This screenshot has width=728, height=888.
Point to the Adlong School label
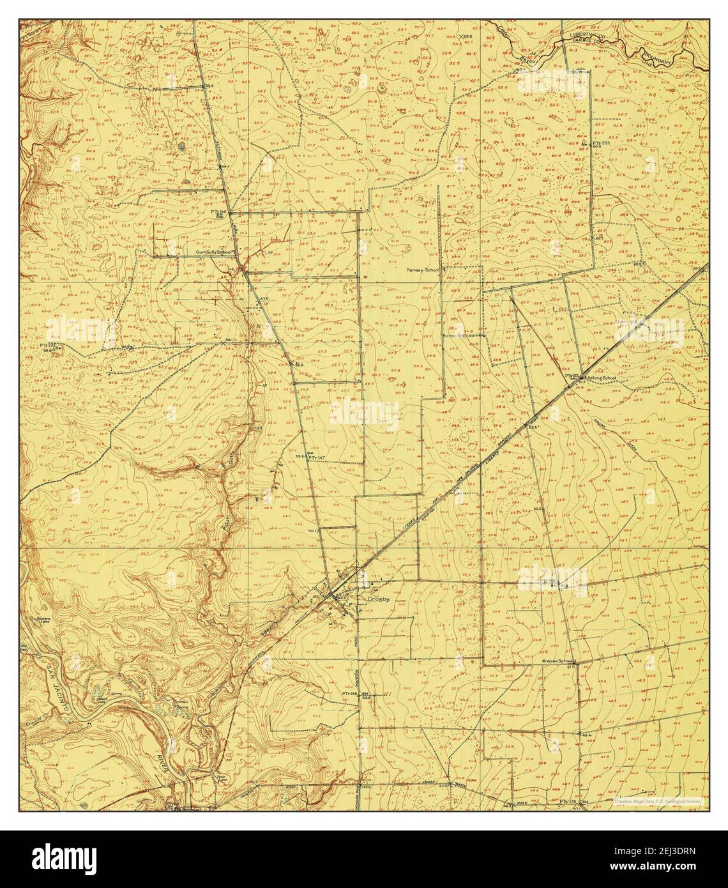[600, 378]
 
